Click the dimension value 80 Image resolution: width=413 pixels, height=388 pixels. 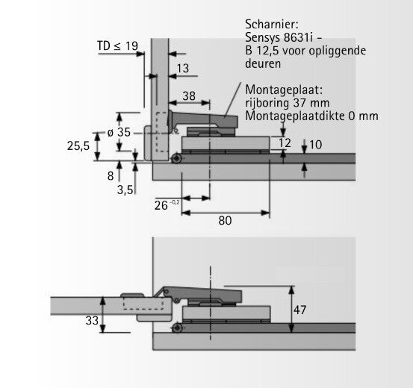(225, 221)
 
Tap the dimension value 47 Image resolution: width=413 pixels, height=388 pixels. (299, 310)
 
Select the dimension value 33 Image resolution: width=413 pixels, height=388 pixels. (92, 321)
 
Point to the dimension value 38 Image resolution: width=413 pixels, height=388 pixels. (189, 96)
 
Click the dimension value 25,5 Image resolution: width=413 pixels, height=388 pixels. (78, 145)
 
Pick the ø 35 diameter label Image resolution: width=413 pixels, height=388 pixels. (119, 132)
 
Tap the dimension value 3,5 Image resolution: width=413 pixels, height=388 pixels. (125, 190)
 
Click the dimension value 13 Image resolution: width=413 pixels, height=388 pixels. (183, 69)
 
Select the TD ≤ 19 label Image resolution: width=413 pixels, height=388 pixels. (118, 46)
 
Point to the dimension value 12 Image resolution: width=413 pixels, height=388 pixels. (285, 143)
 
